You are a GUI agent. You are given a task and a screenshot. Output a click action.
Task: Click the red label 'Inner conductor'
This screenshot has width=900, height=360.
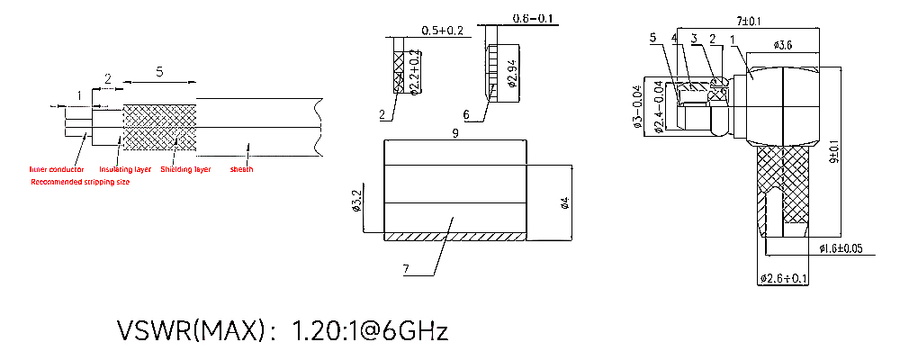[x=57, y=169]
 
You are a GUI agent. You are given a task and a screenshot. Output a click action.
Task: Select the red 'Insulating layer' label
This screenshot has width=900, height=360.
[x=125, y=169]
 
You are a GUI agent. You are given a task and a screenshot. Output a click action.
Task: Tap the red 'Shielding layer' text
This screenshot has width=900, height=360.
[x=185, y=169]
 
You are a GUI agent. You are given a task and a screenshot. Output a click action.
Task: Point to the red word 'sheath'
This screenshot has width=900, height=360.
[x=242, y=169]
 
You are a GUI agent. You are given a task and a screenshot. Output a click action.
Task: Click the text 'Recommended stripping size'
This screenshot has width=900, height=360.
[x=80, y=182]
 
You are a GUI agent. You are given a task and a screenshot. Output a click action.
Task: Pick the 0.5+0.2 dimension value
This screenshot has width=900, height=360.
[x=442, y=31]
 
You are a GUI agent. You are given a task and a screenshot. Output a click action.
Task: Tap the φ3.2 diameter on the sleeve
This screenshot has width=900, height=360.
[x=356, y=201]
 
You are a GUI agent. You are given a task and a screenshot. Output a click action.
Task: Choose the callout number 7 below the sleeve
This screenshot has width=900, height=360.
[x=406, y=269]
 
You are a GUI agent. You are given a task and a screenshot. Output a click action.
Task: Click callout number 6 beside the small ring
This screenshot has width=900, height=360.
[x=466, y=115]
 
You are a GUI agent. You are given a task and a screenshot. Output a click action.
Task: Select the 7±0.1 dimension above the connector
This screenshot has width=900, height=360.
[x=749, y=20]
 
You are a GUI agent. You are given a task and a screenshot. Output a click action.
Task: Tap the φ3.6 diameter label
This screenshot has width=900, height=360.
[x=782, y=45]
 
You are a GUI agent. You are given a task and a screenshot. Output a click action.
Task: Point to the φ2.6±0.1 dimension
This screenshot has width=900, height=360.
[x=784, y=279]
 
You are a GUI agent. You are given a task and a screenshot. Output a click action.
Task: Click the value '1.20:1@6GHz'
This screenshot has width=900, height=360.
[x=370, y=330]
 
